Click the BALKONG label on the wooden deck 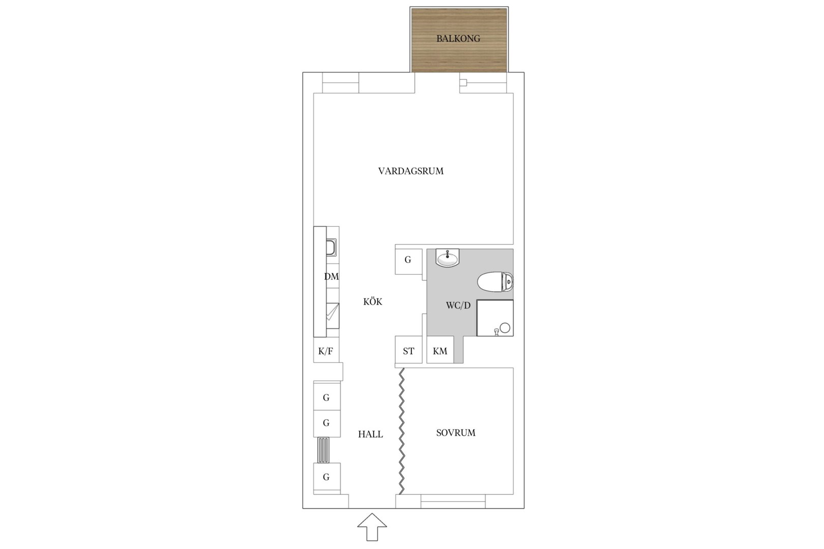458,39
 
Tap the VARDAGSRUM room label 411,171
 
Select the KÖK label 373,301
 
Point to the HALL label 370,434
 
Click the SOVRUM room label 456,433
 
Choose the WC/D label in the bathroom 458,305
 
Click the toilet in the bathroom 495,282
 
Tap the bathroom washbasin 447,257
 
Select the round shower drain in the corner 505,328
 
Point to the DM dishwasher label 332,277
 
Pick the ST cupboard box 408,350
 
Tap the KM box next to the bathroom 440,350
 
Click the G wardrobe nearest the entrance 327,477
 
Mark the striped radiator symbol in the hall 323,450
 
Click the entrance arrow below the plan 372,527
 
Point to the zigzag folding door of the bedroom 402,431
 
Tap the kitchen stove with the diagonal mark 333,316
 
